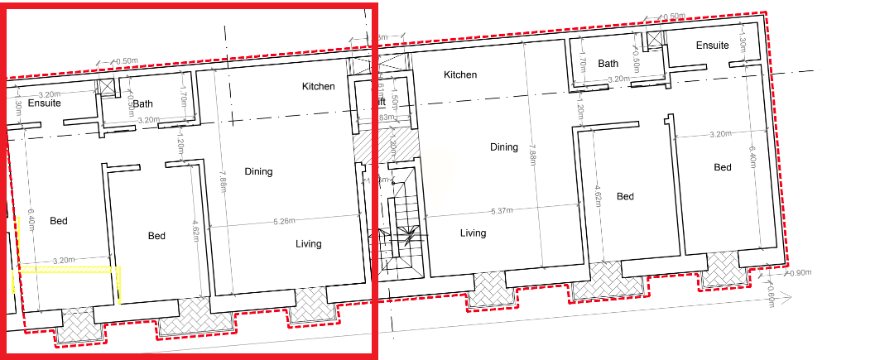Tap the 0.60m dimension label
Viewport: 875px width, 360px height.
pos(769,296)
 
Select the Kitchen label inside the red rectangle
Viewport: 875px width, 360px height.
pos(319,86)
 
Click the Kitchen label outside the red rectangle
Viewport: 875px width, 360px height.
pos(460,74)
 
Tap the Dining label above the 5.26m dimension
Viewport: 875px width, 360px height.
pos(258,171)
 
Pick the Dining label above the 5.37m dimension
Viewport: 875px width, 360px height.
pos(503,147)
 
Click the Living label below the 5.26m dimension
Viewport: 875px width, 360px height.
pos(308,244)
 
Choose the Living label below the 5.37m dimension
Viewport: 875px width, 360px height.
pos(474,233)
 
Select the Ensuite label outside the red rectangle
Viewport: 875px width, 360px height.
pos(712,45)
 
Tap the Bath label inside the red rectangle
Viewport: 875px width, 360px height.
pos(143,104)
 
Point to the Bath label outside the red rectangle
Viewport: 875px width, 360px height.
pos(608,64)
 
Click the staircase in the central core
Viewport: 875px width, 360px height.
pos(406,223)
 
